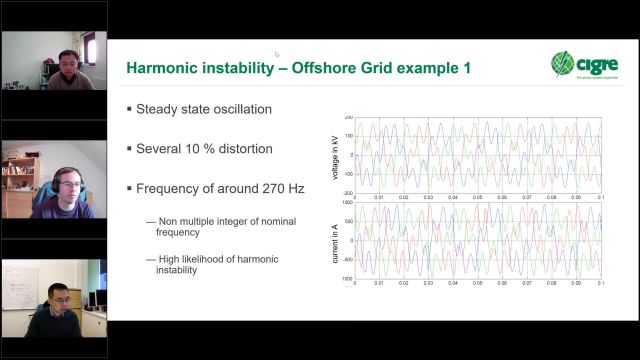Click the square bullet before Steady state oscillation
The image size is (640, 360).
129,109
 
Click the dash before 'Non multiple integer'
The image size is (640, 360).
151,221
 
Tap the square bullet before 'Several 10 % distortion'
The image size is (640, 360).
129,149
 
